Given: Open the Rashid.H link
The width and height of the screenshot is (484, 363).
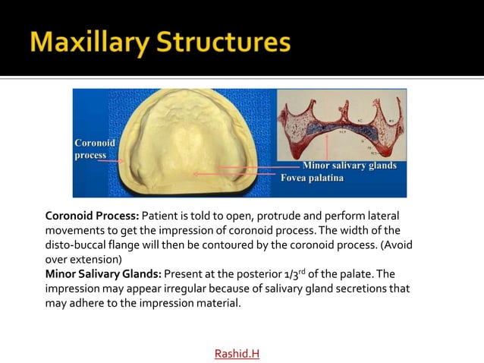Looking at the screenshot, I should pos(237,353).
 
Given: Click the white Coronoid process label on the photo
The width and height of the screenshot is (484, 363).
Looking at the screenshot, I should pos(94,149).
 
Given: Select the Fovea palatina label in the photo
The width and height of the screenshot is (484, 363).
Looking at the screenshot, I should pos(312,178).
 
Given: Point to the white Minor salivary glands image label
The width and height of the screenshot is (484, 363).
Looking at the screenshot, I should pos(350,166).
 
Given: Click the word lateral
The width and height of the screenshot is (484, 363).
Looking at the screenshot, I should pos(381,216).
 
